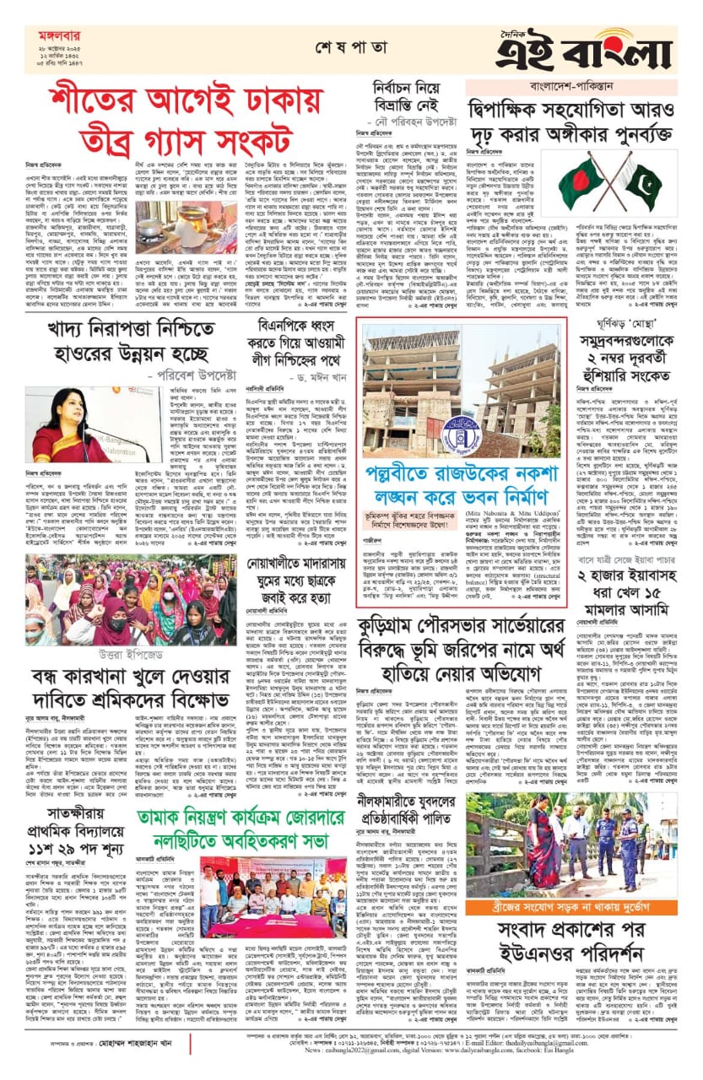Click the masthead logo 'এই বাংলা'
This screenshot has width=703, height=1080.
point(595,50)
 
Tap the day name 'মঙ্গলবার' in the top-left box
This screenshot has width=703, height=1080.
point(57,36)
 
